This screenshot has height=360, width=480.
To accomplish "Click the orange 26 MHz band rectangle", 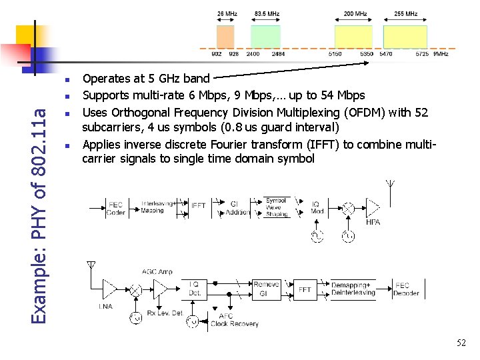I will (x=226, y=37).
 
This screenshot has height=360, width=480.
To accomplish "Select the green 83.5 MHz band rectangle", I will (x=265, y=37).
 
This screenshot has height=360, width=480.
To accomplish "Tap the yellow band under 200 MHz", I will (x=353, y=37).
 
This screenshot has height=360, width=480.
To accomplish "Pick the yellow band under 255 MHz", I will (x=405, y=37).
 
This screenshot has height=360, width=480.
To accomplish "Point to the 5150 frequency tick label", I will (x=335, y=54).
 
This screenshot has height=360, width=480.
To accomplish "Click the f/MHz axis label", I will (x=441, y=54).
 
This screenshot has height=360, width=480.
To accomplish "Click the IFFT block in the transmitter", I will (x=199, y=206).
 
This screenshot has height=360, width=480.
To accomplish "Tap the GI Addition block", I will (x=239, y=208).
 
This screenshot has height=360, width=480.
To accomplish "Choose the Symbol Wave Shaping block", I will (x=276, y=207).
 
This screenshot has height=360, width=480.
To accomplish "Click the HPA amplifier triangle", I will (x=374, y=209).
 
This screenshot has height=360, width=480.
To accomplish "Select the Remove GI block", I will (x=266, y=289).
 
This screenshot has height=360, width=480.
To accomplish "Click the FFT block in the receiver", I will (x=304, y=290).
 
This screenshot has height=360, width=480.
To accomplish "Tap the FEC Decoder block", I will (x=406, y=289).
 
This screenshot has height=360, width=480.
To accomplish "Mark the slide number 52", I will (x=461, y=342).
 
